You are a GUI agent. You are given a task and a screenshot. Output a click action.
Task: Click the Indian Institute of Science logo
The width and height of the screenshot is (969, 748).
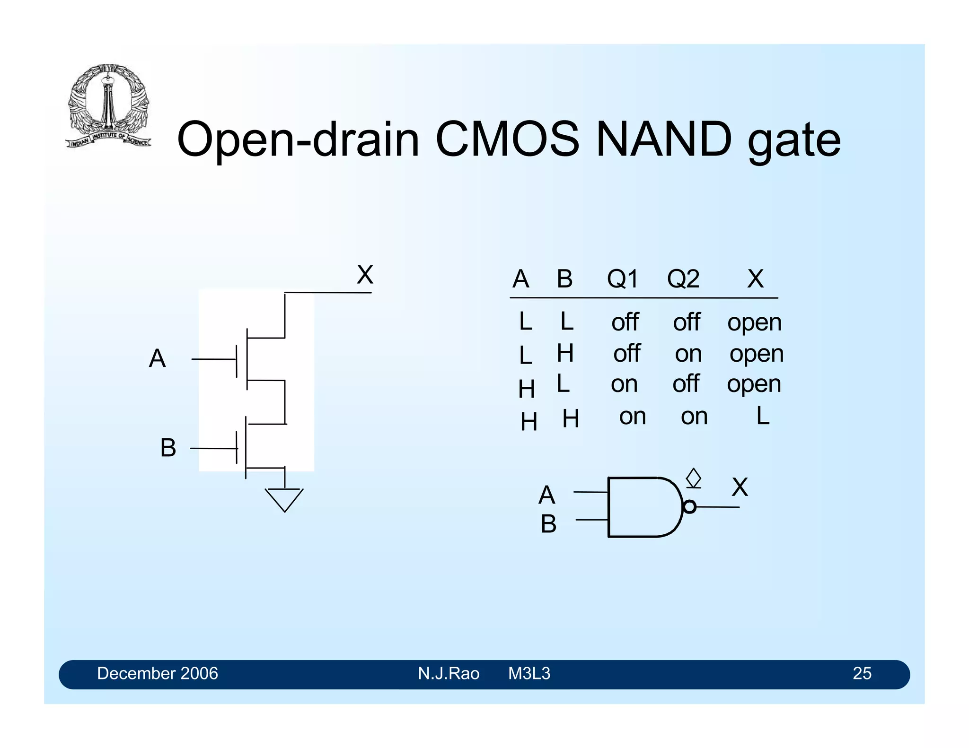[108, 105]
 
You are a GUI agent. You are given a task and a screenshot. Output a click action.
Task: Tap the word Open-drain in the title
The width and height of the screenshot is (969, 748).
[298, 140]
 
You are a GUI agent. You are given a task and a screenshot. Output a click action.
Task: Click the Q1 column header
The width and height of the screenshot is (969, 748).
[622, 278]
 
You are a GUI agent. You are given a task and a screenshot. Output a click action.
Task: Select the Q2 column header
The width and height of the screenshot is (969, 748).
[683, 278]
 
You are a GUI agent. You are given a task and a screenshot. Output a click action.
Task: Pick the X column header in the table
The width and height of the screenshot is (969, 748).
[755, 278]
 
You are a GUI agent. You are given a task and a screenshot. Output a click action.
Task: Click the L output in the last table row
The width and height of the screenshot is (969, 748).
[762, 416]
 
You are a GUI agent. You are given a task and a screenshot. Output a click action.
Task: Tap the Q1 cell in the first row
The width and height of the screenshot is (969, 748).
[625, 322]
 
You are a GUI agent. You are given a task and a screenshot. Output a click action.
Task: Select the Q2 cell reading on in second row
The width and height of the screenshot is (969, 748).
[688, 354]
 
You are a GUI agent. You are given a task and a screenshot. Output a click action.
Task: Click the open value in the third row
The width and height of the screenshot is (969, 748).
[754, 384]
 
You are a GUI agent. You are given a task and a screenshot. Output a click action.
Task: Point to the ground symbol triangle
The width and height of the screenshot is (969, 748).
[284, 499]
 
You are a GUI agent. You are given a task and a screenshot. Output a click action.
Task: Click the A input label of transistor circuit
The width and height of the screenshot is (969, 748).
[157, 358]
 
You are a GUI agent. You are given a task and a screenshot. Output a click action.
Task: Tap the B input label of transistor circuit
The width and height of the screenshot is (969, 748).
[168, 447]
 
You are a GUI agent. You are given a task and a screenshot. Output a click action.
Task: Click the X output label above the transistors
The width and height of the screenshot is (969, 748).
[365, 275]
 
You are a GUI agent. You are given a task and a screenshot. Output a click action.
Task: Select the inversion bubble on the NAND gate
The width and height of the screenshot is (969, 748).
[690, 507]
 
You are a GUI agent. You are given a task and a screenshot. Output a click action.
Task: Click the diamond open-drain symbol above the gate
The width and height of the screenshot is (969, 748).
[694, 478]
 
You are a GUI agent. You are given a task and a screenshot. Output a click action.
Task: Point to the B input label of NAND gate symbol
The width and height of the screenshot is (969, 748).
[548, 524]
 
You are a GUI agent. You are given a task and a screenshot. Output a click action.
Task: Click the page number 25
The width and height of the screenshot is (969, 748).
[862, 673]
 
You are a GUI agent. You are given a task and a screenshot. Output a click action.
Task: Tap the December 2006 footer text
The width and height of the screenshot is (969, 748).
[157, 673]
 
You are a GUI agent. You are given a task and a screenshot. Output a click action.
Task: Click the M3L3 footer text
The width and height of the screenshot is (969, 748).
[529, 673]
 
